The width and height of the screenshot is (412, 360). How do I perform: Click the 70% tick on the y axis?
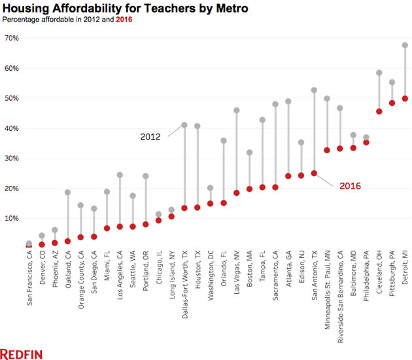[12, 38]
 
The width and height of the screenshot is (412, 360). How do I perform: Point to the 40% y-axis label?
[12, 128]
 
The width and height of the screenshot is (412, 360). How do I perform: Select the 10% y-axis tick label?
[12, 218]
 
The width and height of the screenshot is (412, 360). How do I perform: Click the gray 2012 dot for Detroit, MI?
[405, 45]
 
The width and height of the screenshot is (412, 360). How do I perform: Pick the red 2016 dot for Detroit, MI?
[405, 99]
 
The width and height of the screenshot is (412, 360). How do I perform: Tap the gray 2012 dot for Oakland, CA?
[67, 192]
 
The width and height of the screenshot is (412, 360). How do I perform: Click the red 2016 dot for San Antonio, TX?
[314, 173]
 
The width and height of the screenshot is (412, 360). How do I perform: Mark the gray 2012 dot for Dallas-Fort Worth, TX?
[184, 125]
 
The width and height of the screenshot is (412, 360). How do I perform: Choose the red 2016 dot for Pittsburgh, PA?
[392, 103]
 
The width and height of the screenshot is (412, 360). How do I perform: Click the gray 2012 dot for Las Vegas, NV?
[236, 111]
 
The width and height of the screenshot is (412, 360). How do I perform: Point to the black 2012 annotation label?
[150, 137]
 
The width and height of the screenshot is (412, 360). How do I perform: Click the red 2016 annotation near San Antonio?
[350, 187]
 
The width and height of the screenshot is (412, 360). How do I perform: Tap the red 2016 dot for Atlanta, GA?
[288, 176]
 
